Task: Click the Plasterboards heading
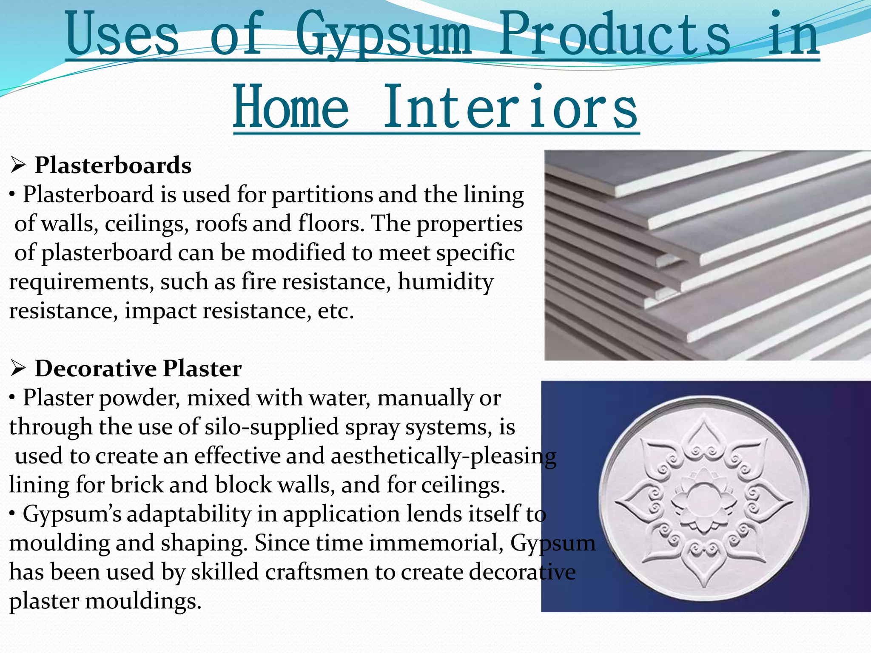point(113,165)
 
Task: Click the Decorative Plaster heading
point(138,368)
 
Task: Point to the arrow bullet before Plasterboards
point(18,165)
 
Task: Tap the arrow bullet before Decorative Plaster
point(18,369)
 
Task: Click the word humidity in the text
point(445,282)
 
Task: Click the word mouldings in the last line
point(143,601)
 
